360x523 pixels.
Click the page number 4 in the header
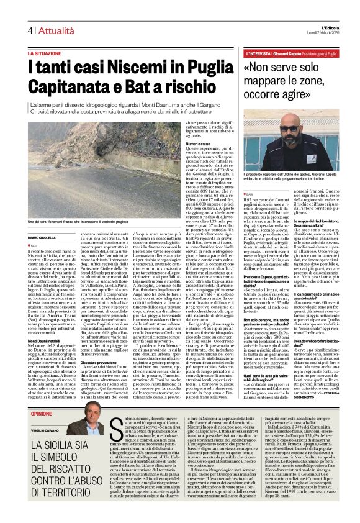(29, 30)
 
